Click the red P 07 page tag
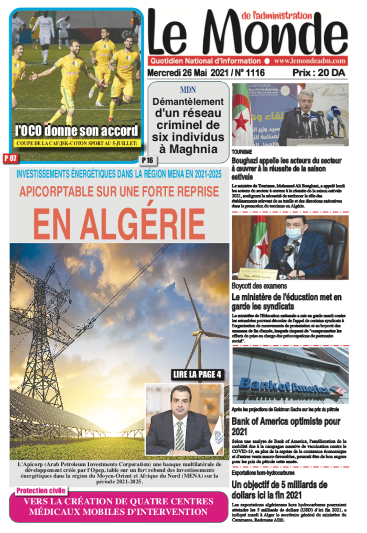pos(10,157)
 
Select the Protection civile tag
pos(41,491)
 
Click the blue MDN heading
pos(188,90)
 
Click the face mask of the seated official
pos(295,234)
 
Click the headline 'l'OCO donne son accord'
pos(77,130)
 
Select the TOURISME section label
pos(242,151)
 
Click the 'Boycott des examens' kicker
pos(259,286)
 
